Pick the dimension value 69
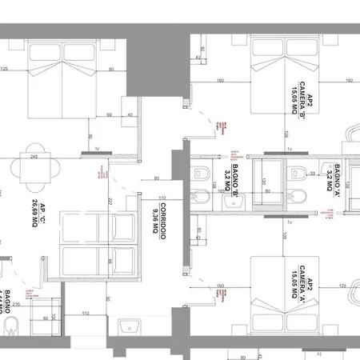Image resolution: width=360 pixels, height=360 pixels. (x=108, y=114)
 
